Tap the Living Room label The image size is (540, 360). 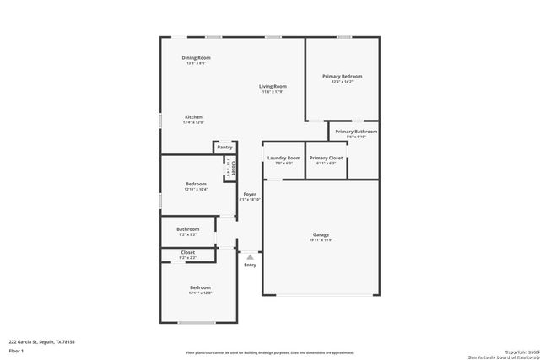pos(273,86)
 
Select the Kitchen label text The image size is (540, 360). pos(193,117)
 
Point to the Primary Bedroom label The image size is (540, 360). pos(342,77)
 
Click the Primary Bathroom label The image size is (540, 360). pos(356,132)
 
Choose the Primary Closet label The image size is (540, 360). pos(326,158)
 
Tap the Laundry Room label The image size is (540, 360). pos(283,158)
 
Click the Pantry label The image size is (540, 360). pos(224,148)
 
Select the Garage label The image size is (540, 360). pos(321,235)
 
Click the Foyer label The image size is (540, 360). pos(250,194)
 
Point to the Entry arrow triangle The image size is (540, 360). pos(250,256)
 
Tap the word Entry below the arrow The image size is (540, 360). pos(250,266)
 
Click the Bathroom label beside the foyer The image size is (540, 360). pos(187,229)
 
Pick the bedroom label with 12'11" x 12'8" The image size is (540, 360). pos(200,288)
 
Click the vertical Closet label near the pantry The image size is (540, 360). pos(234,168)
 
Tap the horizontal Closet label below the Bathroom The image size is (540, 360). pos(187,252)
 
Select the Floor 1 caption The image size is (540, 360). pos(17,350)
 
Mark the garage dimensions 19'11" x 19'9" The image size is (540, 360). pos(321,240)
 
